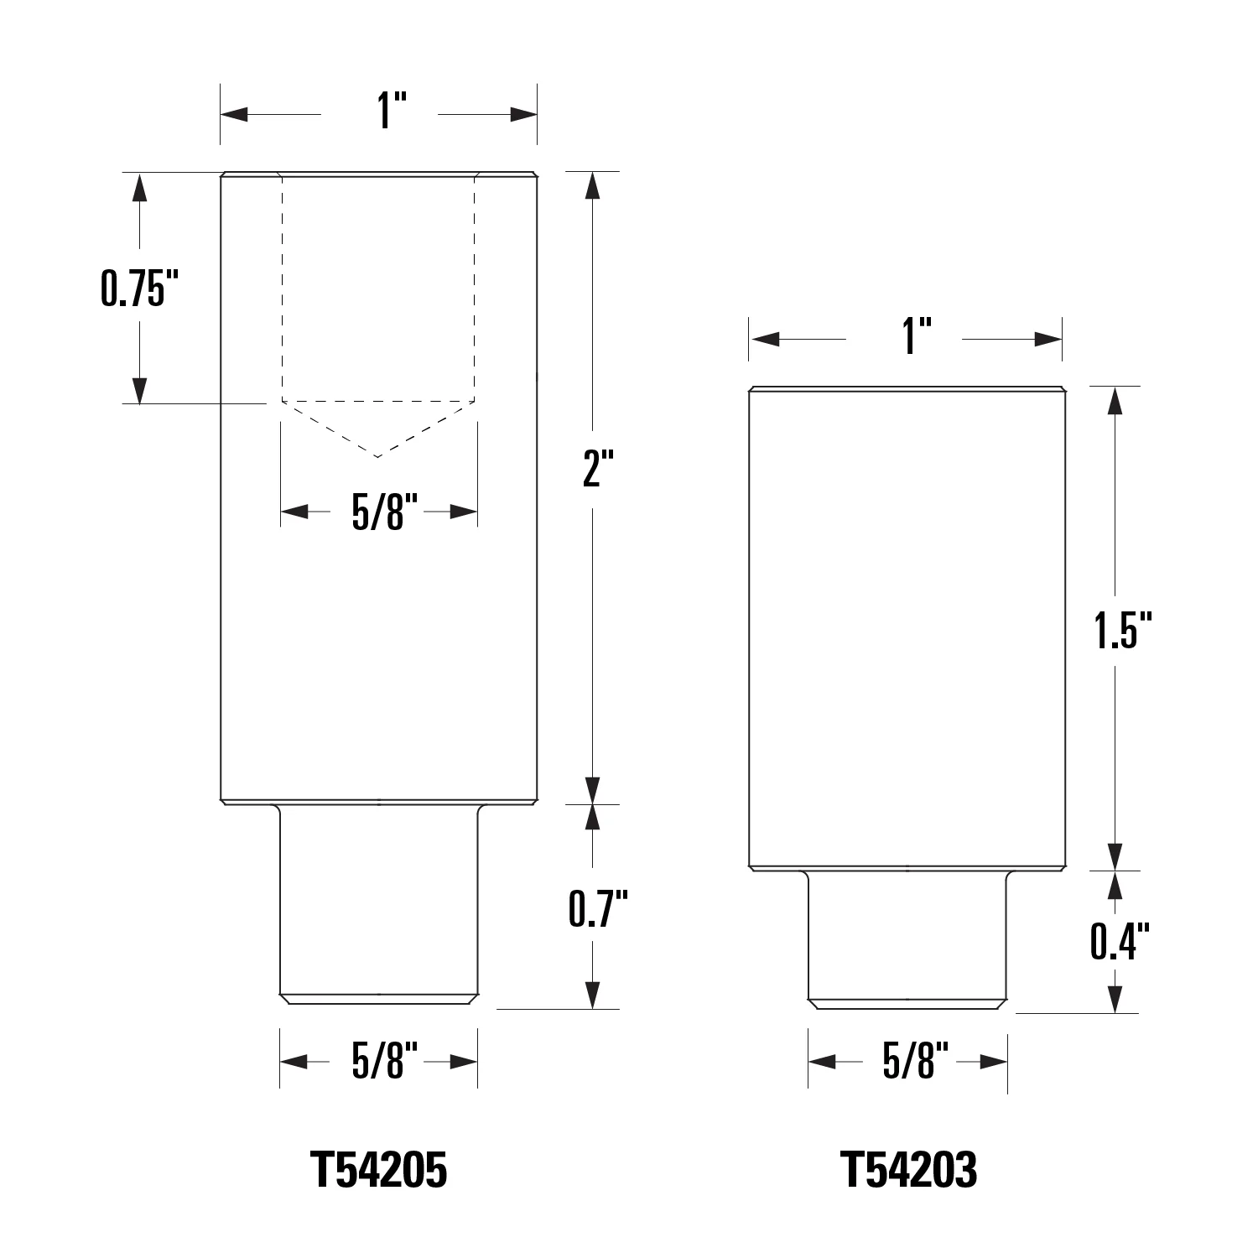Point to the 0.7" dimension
point(597,908)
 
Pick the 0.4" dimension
point(1118,940)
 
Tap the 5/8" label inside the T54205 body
point(378,512)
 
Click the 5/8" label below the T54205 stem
point(378,1063)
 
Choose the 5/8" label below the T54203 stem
point(909,1063)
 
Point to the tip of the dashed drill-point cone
point(378,457)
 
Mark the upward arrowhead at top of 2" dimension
point(593,185)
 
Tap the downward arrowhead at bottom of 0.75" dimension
point(140,391)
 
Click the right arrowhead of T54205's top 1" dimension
point(523,114)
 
